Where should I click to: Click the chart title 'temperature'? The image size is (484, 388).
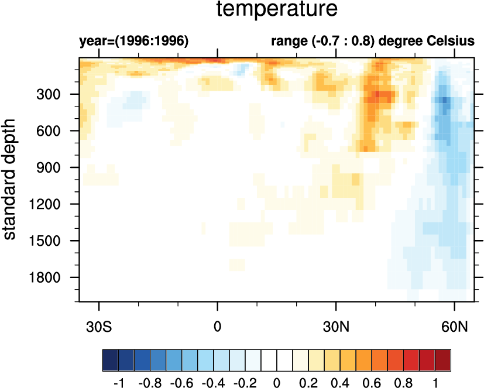click(x=276, y=10)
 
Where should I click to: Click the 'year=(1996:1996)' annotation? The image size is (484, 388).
click(x=133, y=42)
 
